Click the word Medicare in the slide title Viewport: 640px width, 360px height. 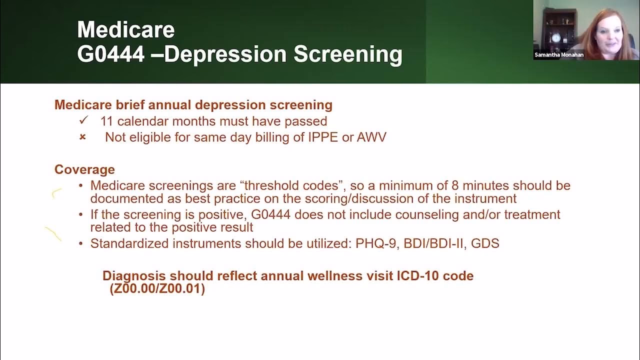[125, 30]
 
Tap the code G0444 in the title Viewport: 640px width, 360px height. [110, 54]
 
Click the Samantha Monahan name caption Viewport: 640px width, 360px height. [558, 55]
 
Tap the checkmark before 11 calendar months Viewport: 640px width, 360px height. [83, 120]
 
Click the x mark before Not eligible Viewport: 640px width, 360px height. [83, 137]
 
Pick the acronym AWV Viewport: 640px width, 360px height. [371, 137]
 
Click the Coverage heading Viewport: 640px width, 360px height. [84, 169]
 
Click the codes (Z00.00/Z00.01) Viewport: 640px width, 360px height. [157, 289]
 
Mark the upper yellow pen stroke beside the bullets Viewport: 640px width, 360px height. [56, 192]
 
